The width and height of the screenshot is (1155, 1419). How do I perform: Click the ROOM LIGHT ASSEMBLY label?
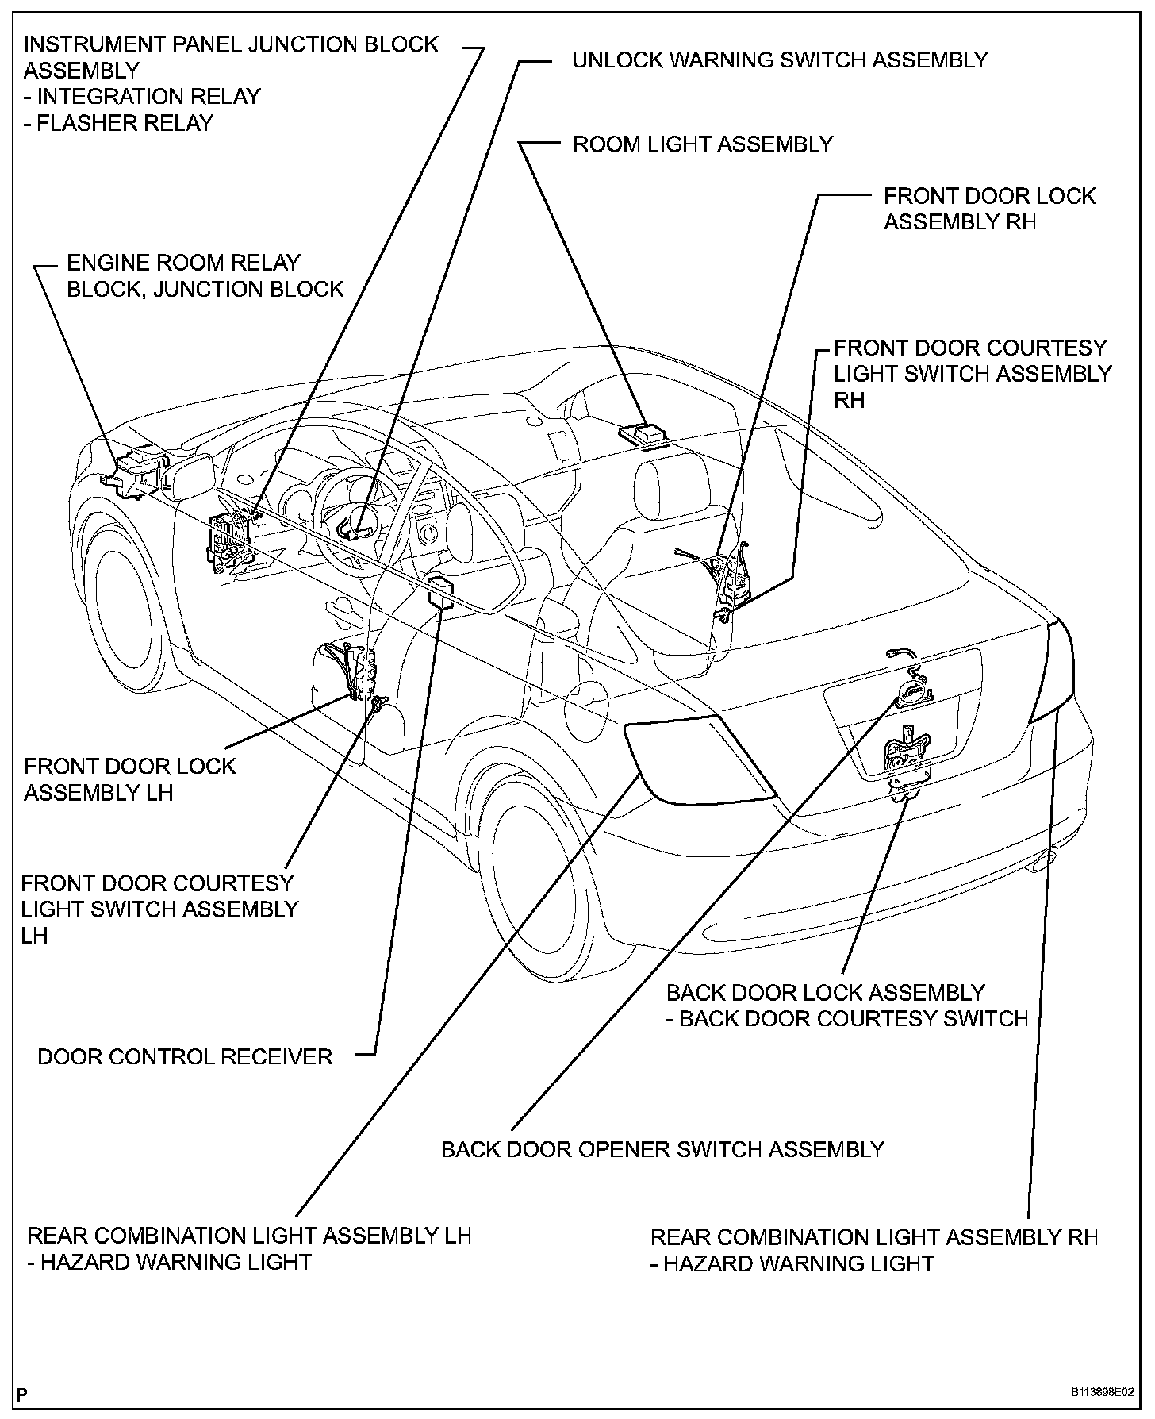[x=703, y=144]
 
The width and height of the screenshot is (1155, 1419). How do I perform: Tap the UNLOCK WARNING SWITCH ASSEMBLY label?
[x=780, y=60]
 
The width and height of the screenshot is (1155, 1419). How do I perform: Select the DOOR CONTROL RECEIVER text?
[x=185, y=1057]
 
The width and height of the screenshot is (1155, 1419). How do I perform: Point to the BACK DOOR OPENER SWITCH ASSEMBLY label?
[x=662, y=1149]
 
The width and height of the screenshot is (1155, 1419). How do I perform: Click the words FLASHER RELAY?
[x=119, y=124]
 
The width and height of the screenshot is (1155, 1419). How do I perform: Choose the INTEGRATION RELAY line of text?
[x=143, y=97]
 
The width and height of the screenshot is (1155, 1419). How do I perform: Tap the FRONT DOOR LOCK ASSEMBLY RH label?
[x=989, y=209]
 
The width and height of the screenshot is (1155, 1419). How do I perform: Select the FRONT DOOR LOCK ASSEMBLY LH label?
[x=130, y=779]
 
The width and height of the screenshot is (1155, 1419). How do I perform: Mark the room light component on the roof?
[x=644, y=433]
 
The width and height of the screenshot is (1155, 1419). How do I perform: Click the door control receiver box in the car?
[x=441, y=591]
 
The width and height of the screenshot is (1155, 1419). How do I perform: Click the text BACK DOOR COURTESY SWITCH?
[x=854, y=1018]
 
